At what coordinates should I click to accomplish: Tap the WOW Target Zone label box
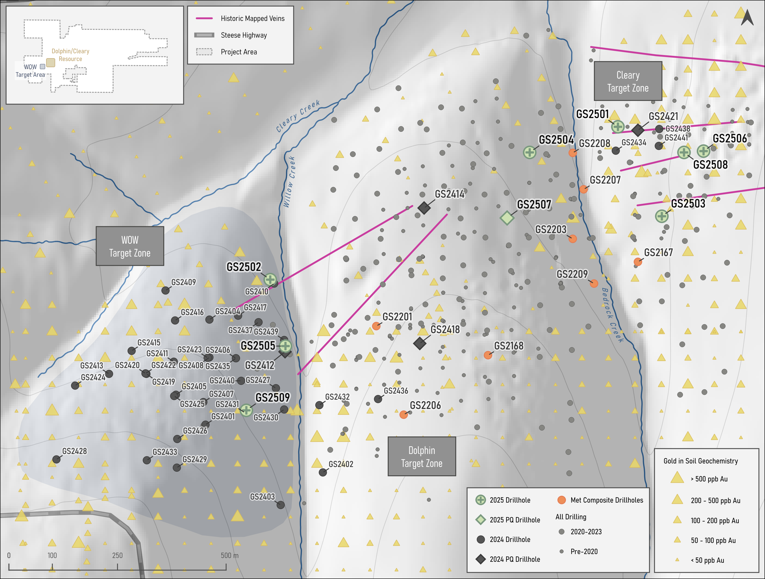130,246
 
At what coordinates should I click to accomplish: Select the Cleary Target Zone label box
628,81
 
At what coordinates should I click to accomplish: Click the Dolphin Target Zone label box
422,456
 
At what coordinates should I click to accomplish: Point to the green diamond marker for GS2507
507,218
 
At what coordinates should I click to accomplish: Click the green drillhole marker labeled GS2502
270,279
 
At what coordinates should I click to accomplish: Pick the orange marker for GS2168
488,355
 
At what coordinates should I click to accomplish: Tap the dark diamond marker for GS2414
424,208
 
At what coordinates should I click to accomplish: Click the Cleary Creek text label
298,116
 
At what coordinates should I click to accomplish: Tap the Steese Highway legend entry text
244,35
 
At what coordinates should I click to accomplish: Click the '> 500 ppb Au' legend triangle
677,478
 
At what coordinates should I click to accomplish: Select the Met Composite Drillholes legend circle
561,500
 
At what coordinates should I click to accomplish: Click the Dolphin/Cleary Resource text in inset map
70,55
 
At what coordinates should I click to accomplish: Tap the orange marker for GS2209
594,284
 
